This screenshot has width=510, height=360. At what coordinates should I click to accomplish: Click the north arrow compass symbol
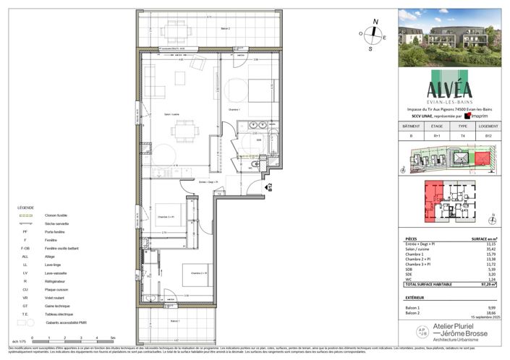(373, 33)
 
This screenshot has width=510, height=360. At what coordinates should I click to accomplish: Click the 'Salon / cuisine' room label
(172, 115)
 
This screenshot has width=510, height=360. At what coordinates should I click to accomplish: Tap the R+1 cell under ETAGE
(438, 134)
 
